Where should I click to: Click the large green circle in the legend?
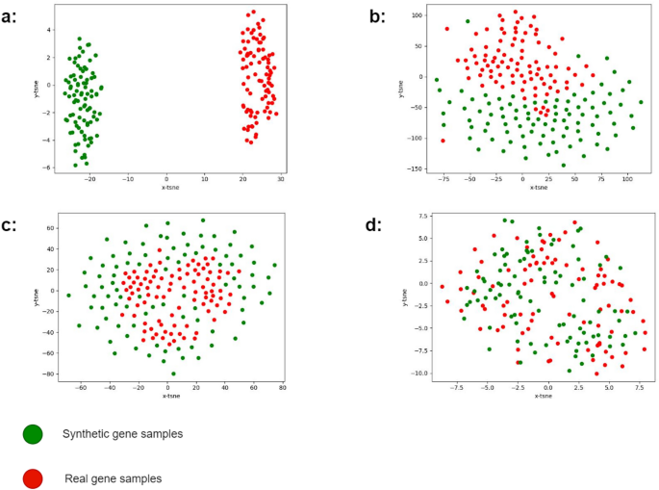coord(33,434)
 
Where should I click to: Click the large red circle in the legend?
coord(33,477)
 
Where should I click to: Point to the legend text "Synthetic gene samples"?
coord(122,434)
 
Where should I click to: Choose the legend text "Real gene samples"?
coord(114,477)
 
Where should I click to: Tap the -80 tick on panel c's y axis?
coord(45,374)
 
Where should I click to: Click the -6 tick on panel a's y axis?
coord(47,168)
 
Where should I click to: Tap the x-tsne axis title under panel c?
coord(170,396)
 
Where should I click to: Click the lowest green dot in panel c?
coord(174,374)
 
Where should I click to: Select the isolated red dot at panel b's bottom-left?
coord(443,141)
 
